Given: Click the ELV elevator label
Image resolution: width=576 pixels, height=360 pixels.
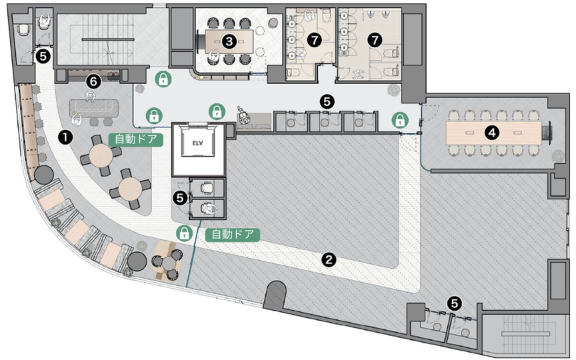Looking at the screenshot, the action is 197,143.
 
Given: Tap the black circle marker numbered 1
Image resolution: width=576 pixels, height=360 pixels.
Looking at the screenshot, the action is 65,137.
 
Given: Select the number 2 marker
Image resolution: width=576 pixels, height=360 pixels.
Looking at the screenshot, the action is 329,260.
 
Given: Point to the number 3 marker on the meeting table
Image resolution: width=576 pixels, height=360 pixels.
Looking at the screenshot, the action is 229,41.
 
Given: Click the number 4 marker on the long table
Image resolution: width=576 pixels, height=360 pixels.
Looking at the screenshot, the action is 492,133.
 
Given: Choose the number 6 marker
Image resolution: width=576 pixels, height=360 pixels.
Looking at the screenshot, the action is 93,81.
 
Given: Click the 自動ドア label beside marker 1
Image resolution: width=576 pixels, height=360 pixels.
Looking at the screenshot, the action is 136,139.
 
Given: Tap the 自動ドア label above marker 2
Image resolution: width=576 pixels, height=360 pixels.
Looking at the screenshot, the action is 233,234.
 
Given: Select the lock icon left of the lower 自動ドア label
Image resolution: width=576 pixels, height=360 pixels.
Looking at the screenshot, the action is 185,233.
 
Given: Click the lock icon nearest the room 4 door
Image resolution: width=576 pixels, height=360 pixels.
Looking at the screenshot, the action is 400,120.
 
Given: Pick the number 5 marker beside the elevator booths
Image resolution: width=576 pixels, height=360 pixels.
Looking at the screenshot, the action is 180,197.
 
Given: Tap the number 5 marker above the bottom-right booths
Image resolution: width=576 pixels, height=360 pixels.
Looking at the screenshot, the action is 455,303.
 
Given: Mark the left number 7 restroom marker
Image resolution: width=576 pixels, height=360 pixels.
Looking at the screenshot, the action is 314,40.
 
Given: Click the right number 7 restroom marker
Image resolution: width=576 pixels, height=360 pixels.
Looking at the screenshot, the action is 375,40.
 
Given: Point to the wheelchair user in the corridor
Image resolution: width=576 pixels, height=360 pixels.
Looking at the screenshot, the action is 243,116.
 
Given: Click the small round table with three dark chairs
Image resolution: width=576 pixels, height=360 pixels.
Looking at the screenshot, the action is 168,263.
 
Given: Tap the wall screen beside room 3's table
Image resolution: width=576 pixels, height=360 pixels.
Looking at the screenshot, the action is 201,41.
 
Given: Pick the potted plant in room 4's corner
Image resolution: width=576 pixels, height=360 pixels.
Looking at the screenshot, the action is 558,156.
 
